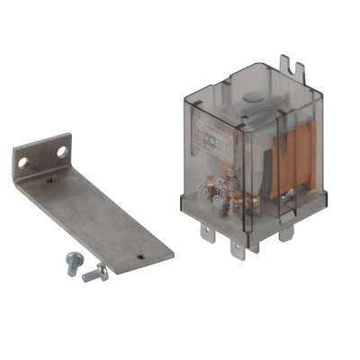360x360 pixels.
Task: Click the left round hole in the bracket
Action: (x=23, y=162)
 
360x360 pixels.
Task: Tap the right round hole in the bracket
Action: (x=62, y=150)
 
